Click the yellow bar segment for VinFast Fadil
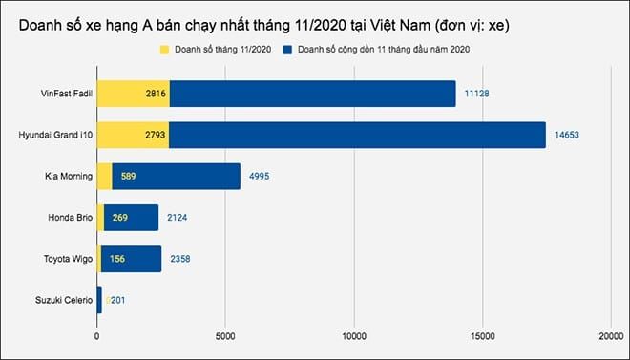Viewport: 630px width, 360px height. (x=133, y=94)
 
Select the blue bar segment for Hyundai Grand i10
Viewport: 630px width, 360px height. (x=357, y=135)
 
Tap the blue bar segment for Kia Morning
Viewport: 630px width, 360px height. (x=176, y=177)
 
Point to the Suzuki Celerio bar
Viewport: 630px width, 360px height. (x=99, y=300)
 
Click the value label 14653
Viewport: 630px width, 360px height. (x=567, y=135)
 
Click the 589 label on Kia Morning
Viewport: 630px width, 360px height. (x=129, y=177)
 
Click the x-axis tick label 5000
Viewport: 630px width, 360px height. (x=225, y=336)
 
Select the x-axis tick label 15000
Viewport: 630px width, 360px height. (x=482, y=336)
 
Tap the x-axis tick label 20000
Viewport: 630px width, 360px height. (x=610, y=336)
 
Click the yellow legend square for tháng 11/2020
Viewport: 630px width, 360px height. (x=164, y=47)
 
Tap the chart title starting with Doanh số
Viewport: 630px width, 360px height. (x=262, y=22)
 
